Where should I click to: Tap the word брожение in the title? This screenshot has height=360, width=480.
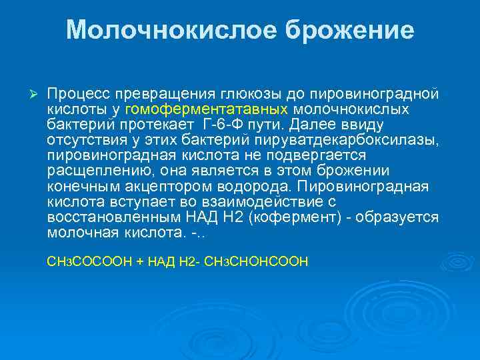349,30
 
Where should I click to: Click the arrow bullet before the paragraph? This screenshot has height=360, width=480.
28,91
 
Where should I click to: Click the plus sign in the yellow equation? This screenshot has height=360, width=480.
139,262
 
